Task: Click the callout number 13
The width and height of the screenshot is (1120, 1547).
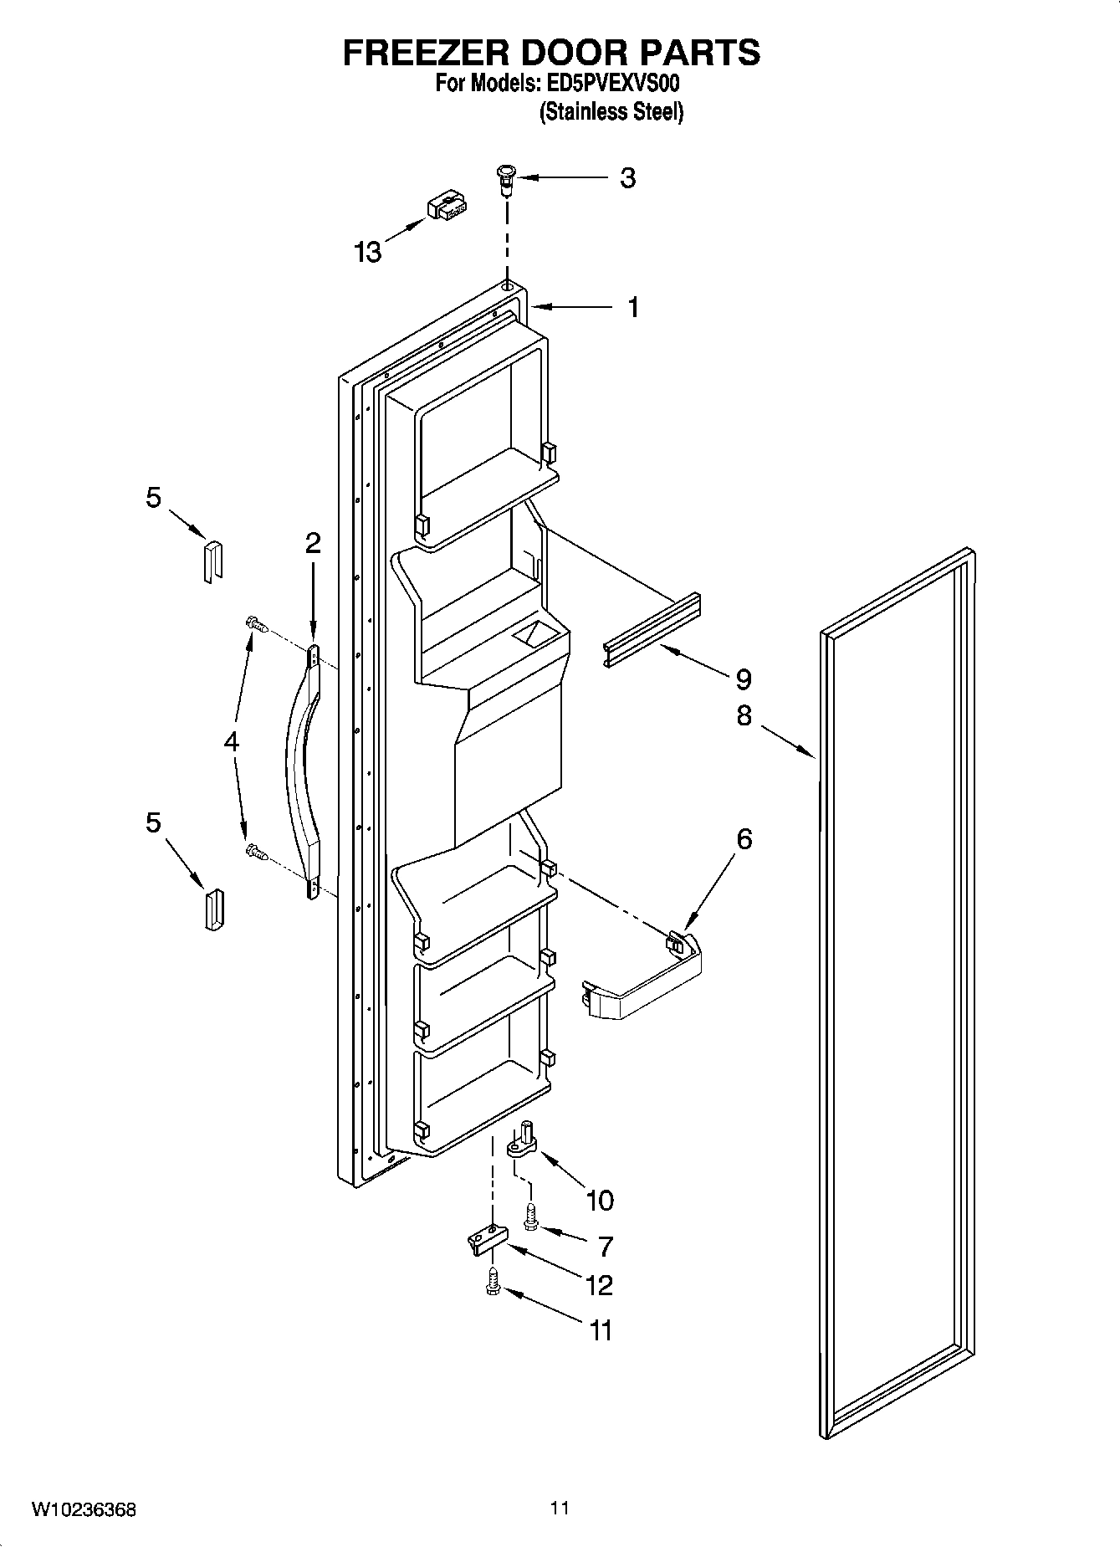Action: pos(368,251)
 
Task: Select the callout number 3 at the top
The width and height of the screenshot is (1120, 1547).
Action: pos(627,177)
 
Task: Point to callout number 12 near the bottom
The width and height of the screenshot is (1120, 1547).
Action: pos(599,1284)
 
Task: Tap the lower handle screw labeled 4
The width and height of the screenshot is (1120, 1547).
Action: pos(255,853)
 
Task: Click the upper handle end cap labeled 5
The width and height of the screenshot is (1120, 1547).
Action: pos(212,560)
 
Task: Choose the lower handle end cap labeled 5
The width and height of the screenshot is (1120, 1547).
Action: pos(213,909)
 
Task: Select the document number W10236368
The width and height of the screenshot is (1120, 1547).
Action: pos(84,1510)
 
